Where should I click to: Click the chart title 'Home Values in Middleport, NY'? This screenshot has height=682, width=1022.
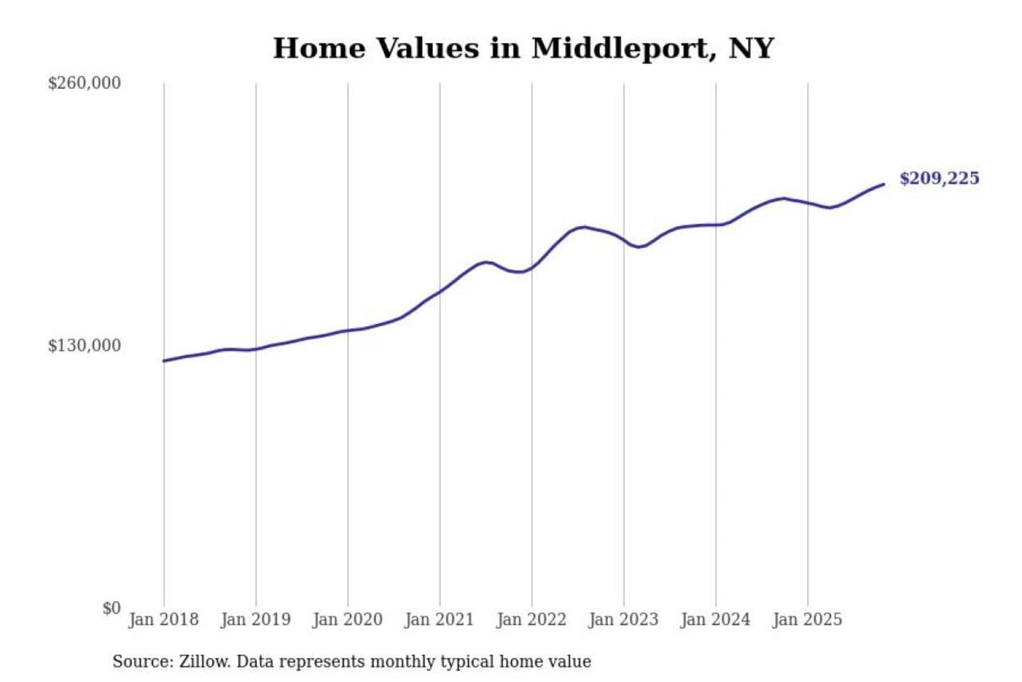click(x=523, y=48)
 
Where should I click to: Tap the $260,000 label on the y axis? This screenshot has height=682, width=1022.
click(x=84, y=83)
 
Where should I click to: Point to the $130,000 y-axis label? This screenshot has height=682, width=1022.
click(x=84, y=345)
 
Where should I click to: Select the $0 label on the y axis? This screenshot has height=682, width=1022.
click(x=111, y=608)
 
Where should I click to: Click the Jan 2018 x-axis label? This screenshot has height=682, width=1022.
click(x=163, y=619)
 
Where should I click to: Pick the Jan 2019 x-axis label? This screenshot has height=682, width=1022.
click(x=255, y=619)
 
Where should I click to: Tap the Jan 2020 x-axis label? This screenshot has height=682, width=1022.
click(x=348, y=619)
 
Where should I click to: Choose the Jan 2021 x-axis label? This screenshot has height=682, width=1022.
click(x=439, y=619)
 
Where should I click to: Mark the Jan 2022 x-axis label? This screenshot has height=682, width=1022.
click(x=532, y=619)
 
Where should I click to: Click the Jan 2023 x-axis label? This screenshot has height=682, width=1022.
click(x=624, y=619)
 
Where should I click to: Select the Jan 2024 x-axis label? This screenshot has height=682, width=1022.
click(x=715, y=619)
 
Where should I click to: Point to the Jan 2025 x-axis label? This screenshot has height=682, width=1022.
click(x=808, y=619)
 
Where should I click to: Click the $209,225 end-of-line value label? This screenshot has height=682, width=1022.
click(x=939, y=178)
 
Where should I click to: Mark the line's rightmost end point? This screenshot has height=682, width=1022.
click(x=884, y=185)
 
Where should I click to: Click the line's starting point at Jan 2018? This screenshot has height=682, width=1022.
click(x=164, y=361)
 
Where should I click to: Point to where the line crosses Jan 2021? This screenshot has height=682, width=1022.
click(x=440, y=291)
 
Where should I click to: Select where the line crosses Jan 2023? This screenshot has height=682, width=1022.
click(x=624, y=242)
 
